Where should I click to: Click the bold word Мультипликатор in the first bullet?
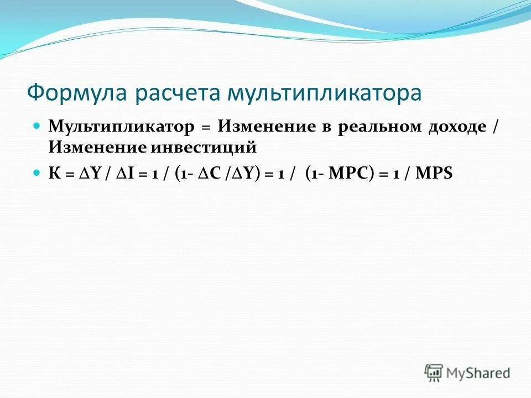pos(122,127)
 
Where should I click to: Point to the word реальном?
pos(377,127)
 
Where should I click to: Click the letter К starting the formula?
pos(54,174)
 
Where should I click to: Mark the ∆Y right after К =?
pos(88,174)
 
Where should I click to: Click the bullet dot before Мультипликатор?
pos(37,125)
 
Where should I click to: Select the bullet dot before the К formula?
pos(37,172)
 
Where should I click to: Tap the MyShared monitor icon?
pos(434,373)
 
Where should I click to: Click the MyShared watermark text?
pos(479,374)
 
